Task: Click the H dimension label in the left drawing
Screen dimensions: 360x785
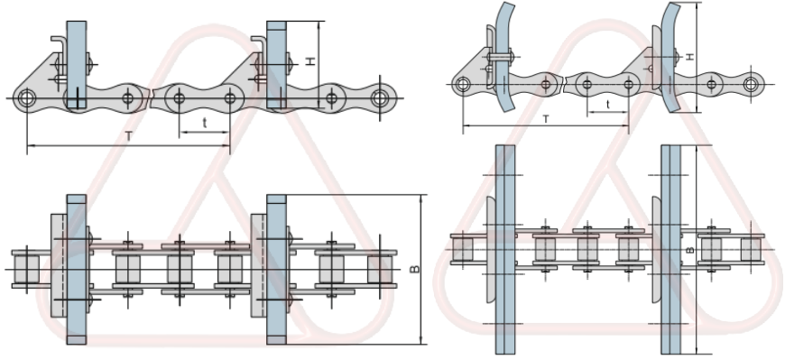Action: tap(309, 60)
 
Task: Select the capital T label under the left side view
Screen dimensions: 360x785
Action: tap(129, 134)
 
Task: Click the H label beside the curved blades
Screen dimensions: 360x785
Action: tap(689, 56)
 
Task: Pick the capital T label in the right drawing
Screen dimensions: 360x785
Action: tap(547, 118)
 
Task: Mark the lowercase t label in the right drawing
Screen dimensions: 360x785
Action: tap(607, 104)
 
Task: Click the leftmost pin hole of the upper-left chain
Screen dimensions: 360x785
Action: tap(28, 97)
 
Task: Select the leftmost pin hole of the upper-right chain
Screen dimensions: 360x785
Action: tap(462, 85)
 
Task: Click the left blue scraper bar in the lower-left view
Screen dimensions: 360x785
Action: tap(76, 270)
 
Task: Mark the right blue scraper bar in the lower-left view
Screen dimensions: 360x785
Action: tap(276, 270)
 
